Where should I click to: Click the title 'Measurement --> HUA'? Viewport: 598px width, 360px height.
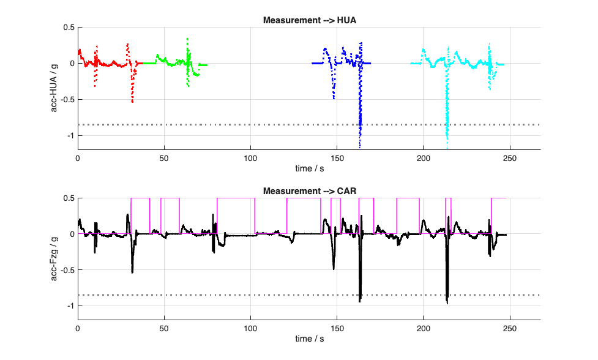pos(309,20)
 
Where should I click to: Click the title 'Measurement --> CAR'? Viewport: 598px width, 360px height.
pos(309,191)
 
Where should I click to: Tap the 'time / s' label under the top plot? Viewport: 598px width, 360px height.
pos(309,168)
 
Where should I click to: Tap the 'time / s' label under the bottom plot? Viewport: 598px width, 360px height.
pos(309,339)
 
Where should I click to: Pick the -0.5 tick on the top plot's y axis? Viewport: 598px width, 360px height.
pos(67,99)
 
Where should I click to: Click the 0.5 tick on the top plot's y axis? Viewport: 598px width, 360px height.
pos(68,28)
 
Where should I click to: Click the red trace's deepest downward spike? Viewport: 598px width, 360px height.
pos(132,101)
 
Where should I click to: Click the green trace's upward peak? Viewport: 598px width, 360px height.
pos(187,39)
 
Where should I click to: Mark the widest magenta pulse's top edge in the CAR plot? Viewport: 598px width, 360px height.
pos(236,198)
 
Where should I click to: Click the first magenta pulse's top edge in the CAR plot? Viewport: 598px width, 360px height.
pos(140,198)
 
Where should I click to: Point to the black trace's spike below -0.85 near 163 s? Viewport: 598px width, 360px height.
pos(360,300)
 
